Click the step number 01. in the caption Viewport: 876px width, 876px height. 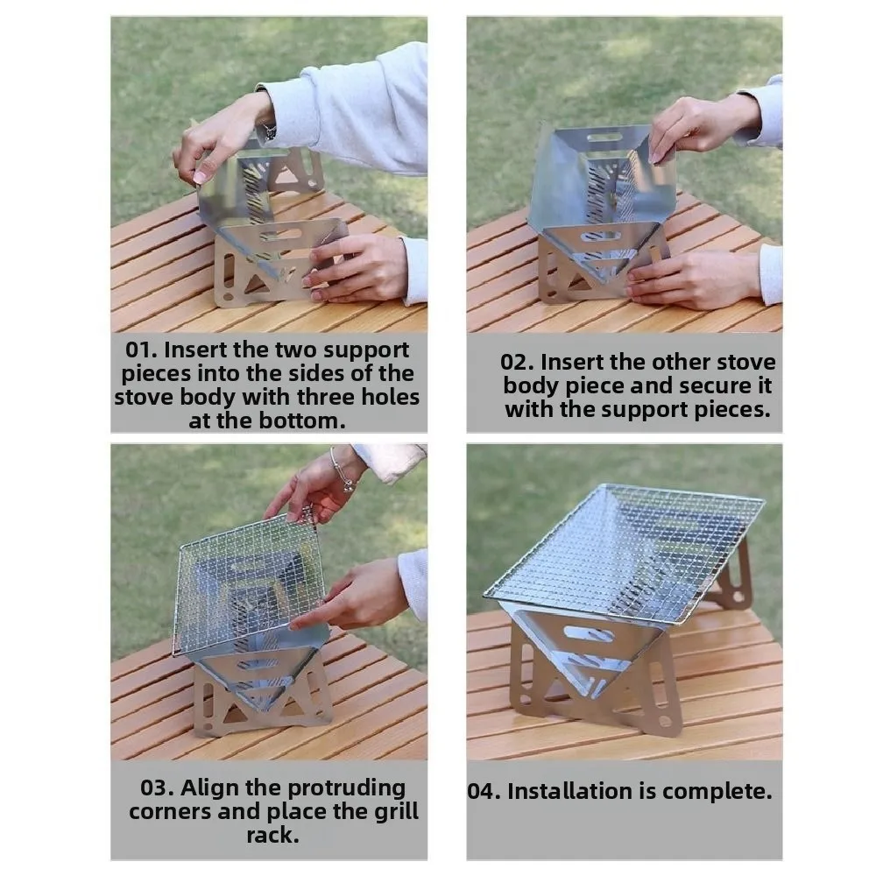coord(142,350)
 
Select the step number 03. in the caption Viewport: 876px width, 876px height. coord(159,788)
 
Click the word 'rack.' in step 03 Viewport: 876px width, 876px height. coord(272,835)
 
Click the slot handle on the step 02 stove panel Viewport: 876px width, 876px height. coord(604,138)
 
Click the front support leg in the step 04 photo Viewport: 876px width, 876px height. coord(596,683)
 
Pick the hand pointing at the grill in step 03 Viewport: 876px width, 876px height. coord(350,596)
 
